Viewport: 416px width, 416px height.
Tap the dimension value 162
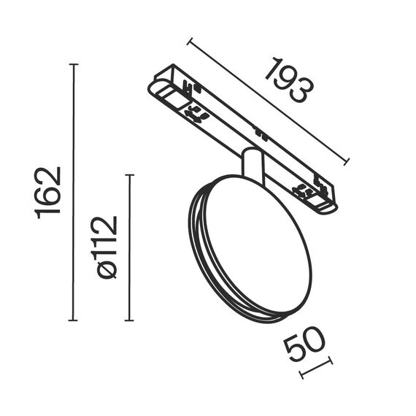pos(49,192)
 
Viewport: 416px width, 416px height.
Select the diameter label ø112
pos(106,247)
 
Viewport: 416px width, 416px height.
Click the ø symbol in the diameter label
pos(107,269)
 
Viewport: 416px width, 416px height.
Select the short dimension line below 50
pos(316,368)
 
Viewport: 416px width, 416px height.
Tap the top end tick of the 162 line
pos(73,64)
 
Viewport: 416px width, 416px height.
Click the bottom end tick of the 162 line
pos(73,320)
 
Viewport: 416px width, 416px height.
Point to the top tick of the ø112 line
pos(129,175)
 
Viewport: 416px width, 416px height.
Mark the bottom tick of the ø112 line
pos(129,320)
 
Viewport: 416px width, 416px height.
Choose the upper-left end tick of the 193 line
pos(188,40)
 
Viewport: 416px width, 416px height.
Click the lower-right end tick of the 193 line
pos(348,161)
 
